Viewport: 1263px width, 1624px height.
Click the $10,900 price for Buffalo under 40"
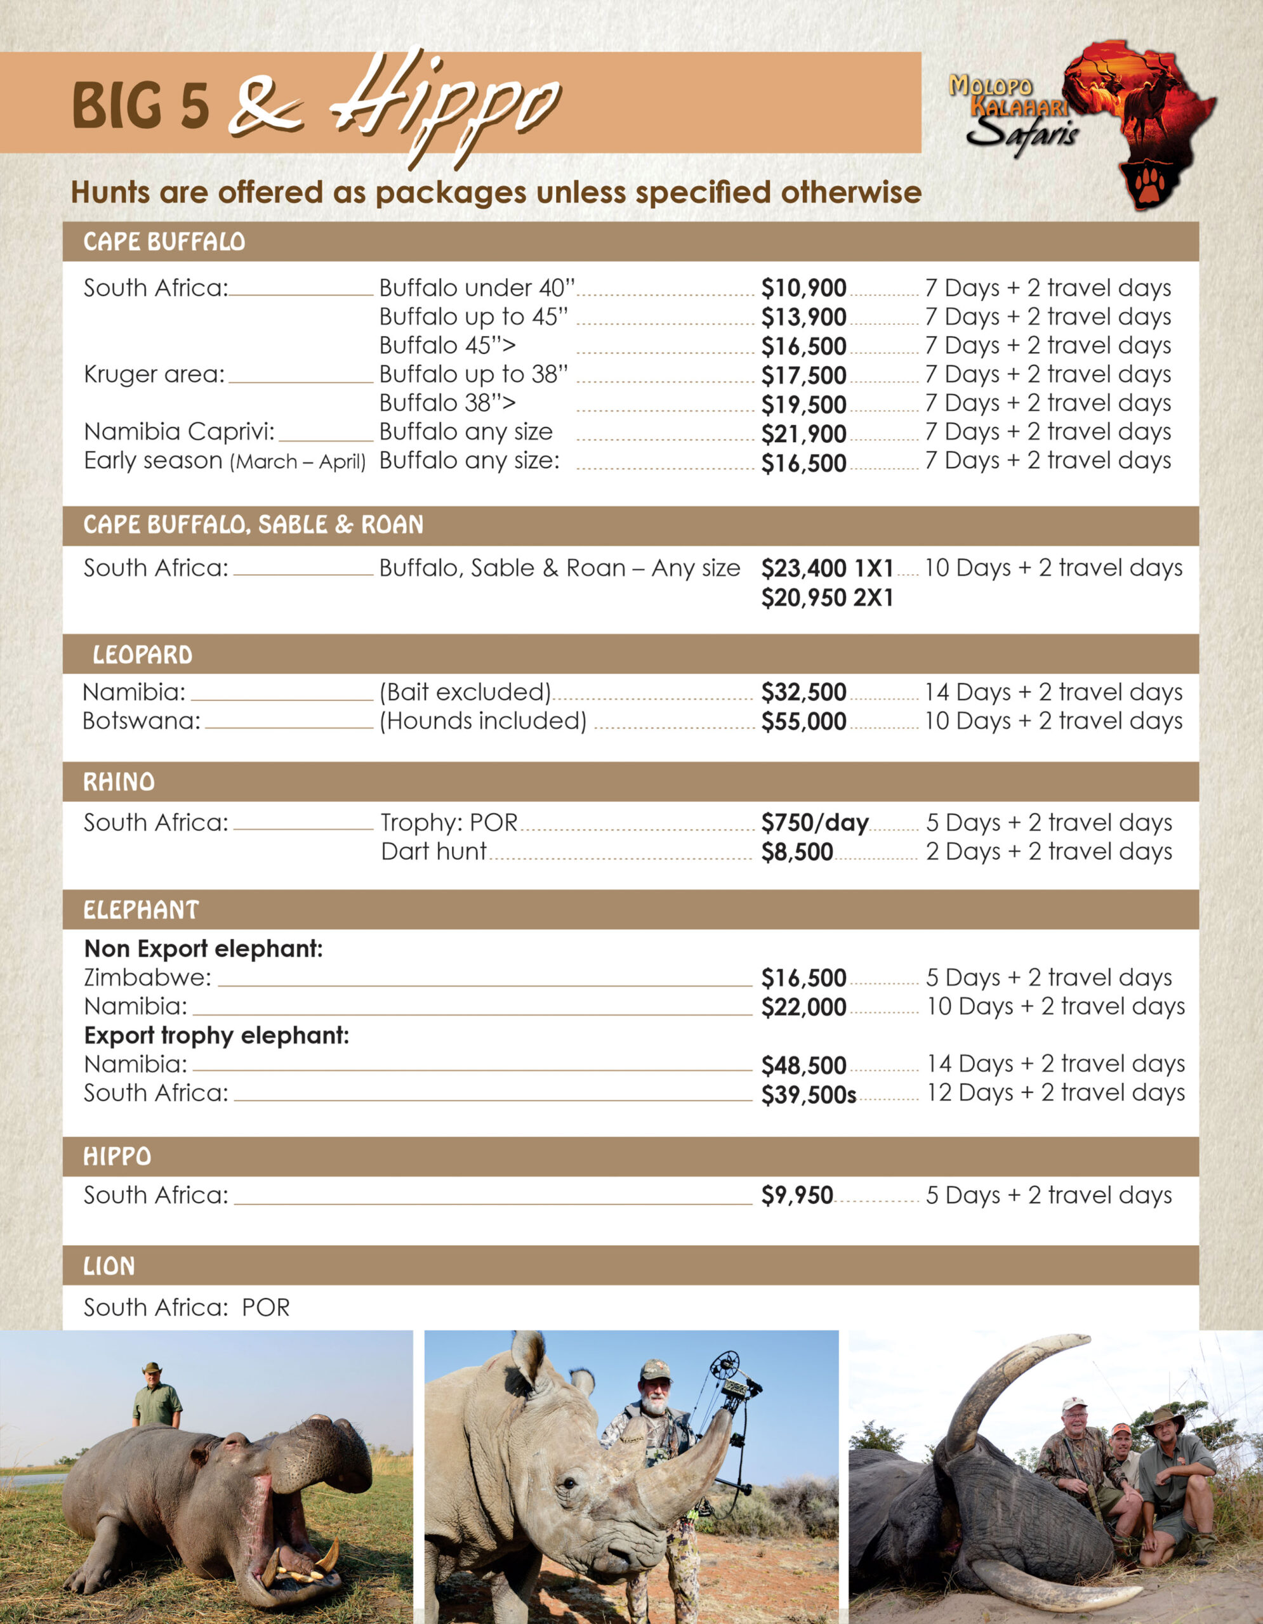tap(803, 288)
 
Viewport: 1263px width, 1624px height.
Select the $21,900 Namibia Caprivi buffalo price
tap(803, 433)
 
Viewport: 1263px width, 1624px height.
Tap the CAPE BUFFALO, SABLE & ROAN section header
tap(253, 525)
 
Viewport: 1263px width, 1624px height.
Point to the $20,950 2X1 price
tap(826, 597)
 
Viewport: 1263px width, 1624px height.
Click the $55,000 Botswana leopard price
tap(803, 721)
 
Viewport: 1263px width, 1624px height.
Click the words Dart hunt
tap(433, 851)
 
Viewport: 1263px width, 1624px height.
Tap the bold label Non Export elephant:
tap(203, 949)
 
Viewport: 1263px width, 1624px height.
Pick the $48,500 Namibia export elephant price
tap(803, 1066)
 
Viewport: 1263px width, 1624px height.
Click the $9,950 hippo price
tap(797, 1195)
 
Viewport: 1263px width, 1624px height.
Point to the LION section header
tap(109, 1266)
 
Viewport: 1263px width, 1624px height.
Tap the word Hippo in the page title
tap(446, 104)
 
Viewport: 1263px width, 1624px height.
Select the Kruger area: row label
tap(154, 374)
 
